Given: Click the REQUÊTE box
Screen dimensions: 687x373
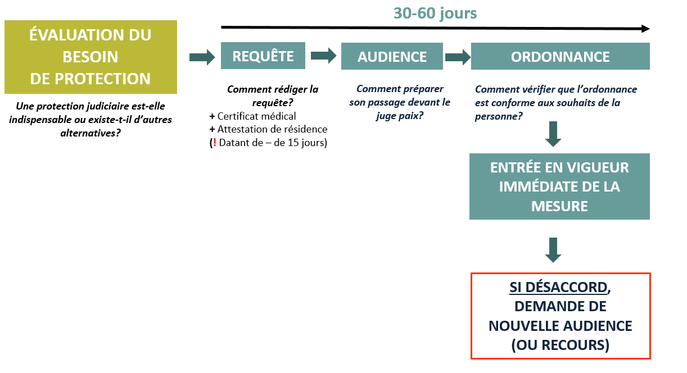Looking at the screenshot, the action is [x=263, y=56].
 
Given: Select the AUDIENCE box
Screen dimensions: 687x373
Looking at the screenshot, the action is [x=392, y=56].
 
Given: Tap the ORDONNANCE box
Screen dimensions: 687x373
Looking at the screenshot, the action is [x=561, y=56].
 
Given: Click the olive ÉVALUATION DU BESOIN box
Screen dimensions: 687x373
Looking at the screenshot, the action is [x=91, y=57].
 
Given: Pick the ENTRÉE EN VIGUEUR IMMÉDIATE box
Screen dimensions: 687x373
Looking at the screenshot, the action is [x=559, y=186].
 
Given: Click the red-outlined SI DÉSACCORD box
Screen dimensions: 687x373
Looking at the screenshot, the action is [x=561, y=316].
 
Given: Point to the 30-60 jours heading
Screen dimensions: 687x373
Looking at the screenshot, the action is [x=435, y=13].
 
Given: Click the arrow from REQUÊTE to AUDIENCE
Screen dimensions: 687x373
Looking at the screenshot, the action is [x=324, y=56].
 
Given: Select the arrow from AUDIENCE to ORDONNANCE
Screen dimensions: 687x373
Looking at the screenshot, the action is [x=458, y=57].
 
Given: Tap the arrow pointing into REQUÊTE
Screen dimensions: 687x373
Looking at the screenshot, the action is [x=202, y=57].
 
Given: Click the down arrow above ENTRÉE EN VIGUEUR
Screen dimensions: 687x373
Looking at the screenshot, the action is [x=553, y=134].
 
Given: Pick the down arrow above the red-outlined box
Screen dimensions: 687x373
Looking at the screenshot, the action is [x=553, y=250].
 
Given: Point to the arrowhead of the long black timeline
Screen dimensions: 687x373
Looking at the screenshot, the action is [x=649, y=29].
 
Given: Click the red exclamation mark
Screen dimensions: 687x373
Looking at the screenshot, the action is [x=215, y=143].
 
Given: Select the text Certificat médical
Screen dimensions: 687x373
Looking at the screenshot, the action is [x=256, y=116].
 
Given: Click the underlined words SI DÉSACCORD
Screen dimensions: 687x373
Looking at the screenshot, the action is [x=558, y=288].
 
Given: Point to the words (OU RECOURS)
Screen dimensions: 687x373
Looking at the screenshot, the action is [x=560, y=345].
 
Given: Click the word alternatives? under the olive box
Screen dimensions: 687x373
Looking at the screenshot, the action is [x=91, y=133].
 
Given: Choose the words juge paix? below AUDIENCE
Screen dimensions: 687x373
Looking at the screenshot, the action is [x=400, y=116].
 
